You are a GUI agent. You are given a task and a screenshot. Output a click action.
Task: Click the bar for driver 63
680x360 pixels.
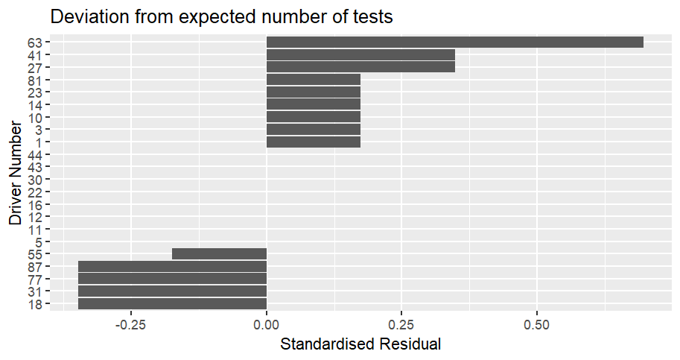click(x=455, y=42)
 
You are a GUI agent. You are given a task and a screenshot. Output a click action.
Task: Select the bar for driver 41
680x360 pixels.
click(x=360, y=55)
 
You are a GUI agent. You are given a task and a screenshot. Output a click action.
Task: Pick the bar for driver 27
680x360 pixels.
click(x=360, y=67)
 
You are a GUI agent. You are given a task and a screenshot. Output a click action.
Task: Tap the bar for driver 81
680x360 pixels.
click(x=314, y=80)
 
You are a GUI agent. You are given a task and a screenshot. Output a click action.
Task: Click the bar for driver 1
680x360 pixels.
click(x=314, y=142)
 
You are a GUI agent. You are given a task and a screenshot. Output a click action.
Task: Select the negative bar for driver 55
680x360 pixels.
click(x=220, y=253)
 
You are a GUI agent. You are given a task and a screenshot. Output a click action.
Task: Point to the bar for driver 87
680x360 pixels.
click(x=172, y=266)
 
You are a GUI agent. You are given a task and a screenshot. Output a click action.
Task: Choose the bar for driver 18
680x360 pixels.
click(x=172, y=303)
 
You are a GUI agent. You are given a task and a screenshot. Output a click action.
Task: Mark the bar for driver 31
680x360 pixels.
click(x=172, y=291)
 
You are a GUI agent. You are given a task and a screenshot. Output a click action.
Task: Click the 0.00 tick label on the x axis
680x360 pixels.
click(x=267, y=325)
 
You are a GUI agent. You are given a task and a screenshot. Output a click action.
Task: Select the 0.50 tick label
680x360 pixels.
click(x=537, y=325)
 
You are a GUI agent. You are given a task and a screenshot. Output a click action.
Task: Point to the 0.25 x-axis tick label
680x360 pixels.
click(x=401, y=325)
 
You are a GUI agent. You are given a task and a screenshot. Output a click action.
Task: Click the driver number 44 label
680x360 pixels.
click(x=35, y=155)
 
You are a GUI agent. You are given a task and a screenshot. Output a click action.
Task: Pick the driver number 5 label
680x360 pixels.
click(x=39, y=242)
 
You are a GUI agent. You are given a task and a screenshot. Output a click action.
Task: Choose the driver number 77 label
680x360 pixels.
click(x=35, y=280)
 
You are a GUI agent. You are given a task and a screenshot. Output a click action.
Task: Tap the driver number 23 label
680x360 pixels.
click(x=35, y=93)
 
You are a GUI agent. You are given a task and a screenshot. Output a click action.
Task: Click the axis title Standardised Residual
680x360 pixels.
click(x=360, y=344)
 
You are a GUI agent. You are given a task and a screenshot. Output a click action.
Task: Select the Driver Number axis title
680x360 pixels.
click(x=15, y=173)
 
